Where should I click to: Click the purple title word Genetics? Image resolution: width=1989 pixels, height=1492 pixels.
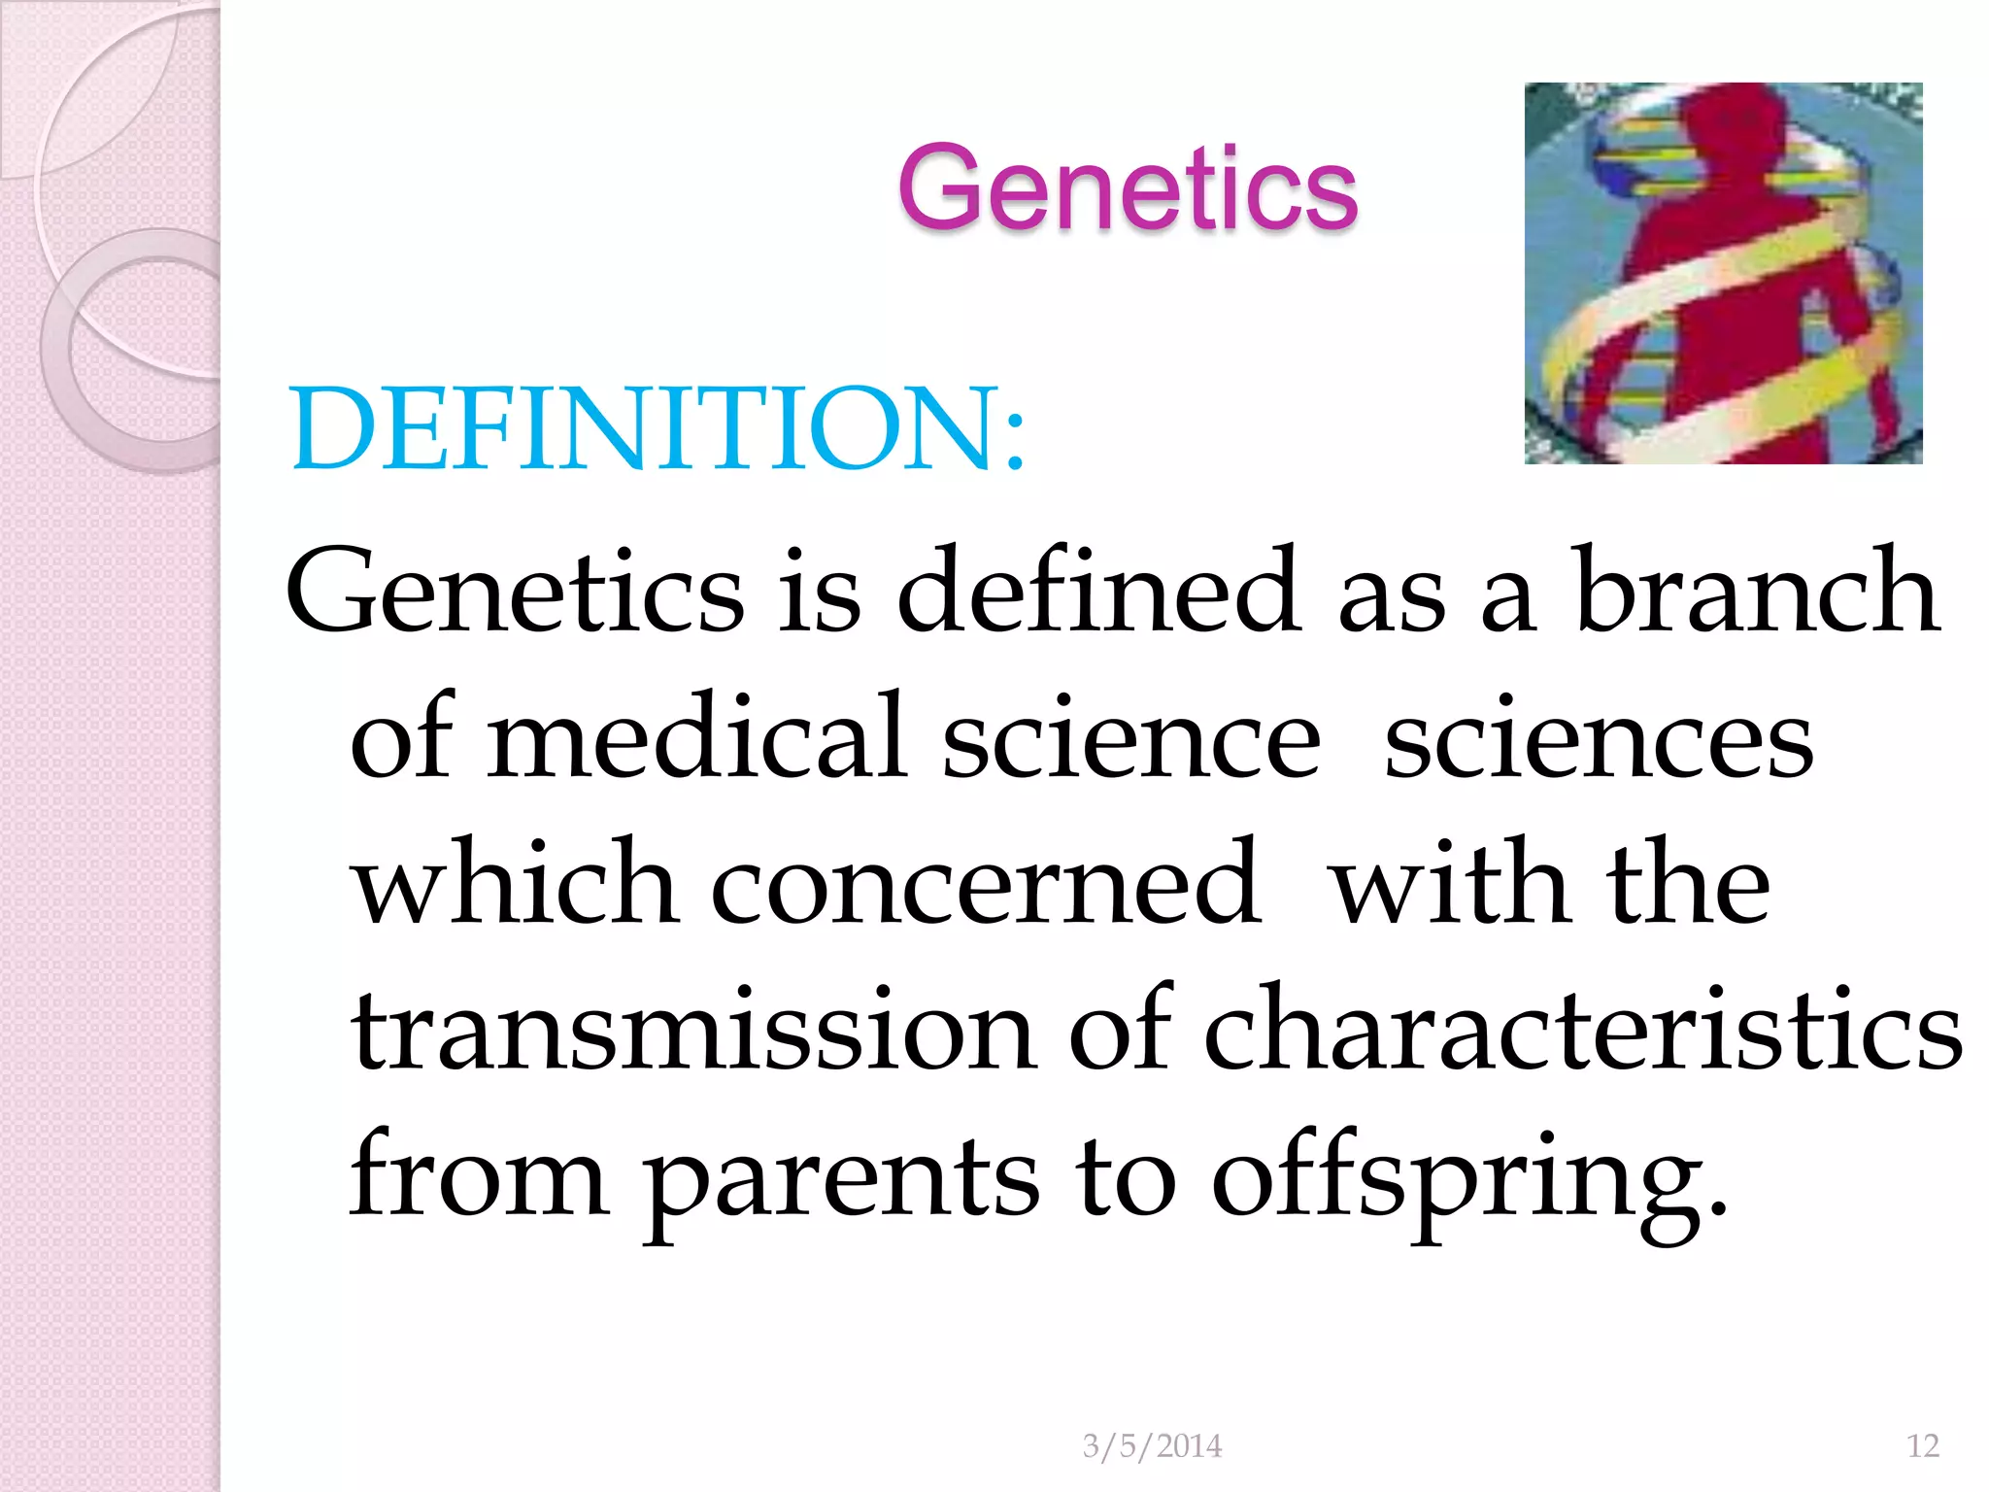coord(1127,188)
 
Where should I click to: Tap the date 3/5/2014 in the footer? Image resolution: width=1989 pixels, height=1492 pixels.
coord(1152,1446)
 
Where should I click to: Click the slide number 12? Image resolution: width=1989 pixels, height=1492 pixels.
coord(1922,1446)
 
